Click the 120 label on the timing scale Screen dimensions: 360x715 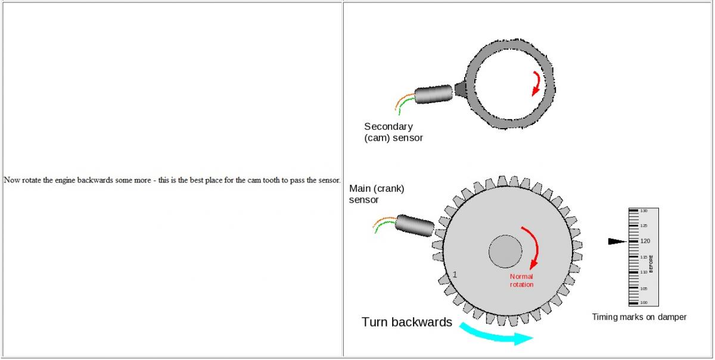(645, 241)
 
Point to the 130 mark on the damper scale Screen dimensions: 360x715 (644, 211)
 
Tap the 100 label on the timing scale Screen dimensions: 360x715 (644, 303)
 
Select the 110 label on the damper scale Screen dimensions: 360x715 (644, 272)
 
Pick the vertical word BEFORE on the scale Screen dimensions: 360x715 (651, 263)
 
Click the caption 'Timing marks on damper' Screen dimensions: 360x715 (639, 317)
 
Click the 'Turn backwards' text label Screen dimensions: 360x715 (407, 322)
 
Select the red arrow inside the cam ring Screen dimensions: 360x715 (537, 83)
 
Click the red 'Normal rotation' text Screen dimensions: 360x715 (521, 280)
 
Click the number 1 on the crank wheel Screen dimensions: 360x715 (455, 275)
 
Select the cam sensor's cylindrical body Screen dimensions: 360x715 (434, 95)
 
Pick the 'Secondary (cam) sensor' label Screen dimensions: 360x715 (393, 132)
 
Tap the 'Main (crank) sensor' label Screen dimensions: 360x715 (377, 194)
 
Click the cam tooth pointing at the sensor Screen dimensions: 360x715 (461, 89)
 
